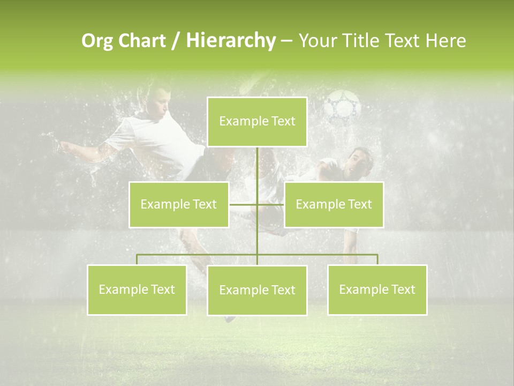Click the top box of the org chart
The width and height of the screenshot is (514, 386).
point(257,122)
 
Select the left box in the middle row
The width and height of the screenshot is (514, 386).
point(179,204)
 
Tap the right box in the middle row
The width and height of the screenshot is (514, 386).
point(334,204)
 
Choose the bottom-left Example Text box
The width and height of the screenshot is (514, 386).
point(137,289)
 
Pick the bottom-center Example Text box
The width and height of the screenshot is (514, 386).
point(257,290)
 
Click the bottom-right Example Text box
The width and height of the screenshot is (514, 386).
point(377,289)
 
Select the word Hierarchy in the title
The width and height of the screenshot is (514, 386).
point(230,41)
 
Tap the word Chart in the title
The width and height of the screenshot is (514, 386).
point(141,41)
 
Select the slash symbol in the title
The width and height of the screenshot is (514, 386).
point(176,41)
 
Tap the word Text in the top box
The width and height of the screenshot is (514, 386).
point(283,122)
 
